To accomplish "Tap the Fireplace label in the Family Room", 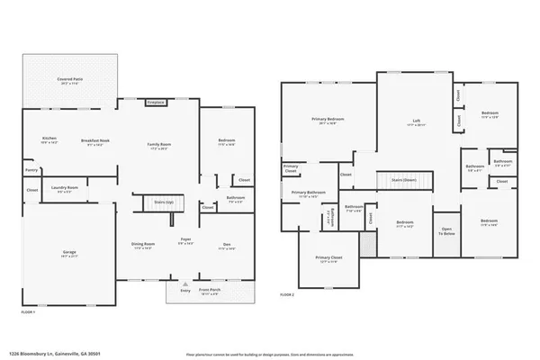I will (x=156, y=102).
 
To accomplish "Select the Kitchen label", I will (x=49, y=139).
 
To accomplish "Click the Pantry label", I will (x=31, y=169).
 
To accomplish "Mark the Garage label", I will (x=68, y=254).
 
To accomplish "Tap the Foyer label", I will (x=185, y=239).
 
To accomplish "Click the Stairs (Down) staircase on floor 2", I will (x=401, y=180).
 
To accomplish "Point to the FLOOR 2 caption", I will (x=287, y=294).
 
